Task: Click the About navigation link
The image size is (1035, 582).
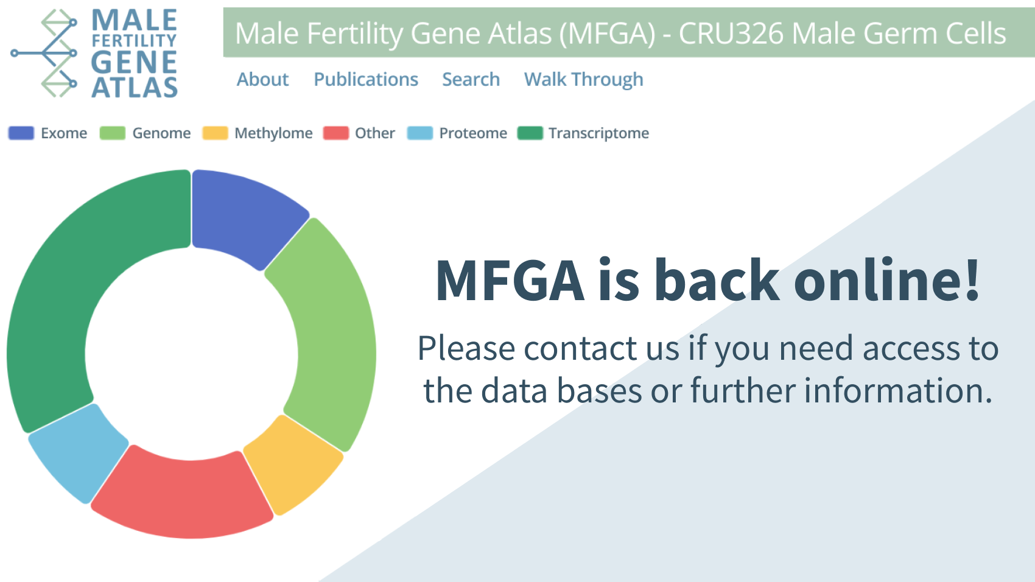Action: click(262, 80)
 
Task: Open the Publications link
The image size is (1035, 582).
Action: click(366, 80)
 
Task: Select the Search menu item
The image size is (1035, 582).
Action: click(471, 80)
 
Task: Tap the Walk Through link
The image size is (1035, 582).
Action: click(584, 80)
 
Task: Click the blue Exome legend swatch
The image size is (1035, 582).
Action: click(21, 133)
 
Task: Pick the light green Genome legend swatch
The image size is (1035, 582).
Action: click(113, 133)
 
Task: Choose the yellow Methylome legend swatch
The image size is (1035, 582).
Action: click(216, 133)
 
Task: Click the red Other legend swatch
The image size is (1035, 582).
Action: click(336, 133)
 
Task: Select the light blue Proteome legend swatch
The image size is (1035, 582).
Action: click(420, 133)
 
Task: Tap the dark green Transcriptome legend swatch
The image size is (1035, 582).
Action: click(530, 133)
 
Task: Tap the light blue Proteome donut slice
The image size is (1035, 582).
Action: click(79, 451)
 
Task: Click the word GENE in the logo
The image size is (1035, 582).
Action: click(134, 62)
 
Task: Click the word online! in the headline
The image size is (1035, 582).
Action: click(886, 280)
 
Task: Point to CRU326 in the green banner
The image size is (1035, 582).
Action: click(731, 33)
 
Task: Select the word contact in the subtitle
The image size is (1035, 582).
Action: click(580, 348)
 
